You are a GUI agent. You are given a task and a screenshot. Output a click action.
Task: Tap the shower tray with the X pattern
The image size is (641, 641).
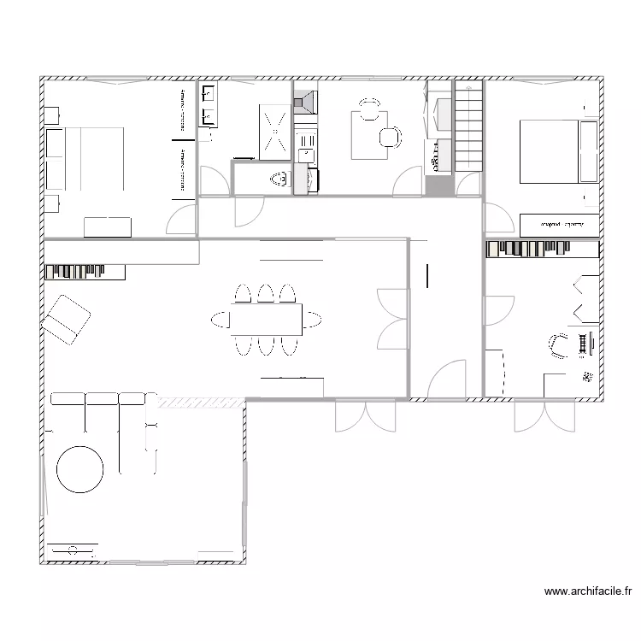click(x=275, y=132)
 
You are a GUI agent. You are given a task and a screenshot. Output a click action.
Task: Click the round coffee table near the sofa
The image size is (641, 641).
click(x=80, y=468)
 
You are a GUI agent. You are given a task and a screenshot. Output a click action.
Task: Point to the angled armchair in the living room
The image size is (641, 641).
click(x=67, y=319)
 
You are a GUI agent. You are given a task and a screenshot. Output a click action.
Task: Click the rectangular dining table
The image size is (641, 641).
click(x=265, y=320)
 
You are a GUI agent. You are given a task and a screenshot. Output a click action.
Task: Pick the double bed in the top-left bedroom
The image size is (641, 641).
click(x=86, y=159)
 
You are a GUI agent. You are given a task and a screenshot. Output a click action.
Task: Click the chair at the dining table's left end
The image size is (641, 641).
click(x=221, y=320)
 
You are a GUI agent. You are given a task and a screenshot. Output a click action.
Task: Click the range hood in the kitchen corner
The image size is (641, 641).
click(x=305, y=103)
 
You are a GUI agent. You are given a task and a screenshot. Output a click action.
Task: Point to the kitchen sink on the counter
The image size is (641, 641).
click(x=304, y=155)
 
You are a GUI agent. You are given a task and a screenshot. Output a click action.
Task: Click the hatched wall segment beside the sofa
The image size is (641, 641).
click(x=197, y=401)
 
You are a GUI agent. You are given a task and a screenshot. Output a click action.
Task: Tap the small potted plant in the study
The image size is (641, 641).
click(x=587, y=376)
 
